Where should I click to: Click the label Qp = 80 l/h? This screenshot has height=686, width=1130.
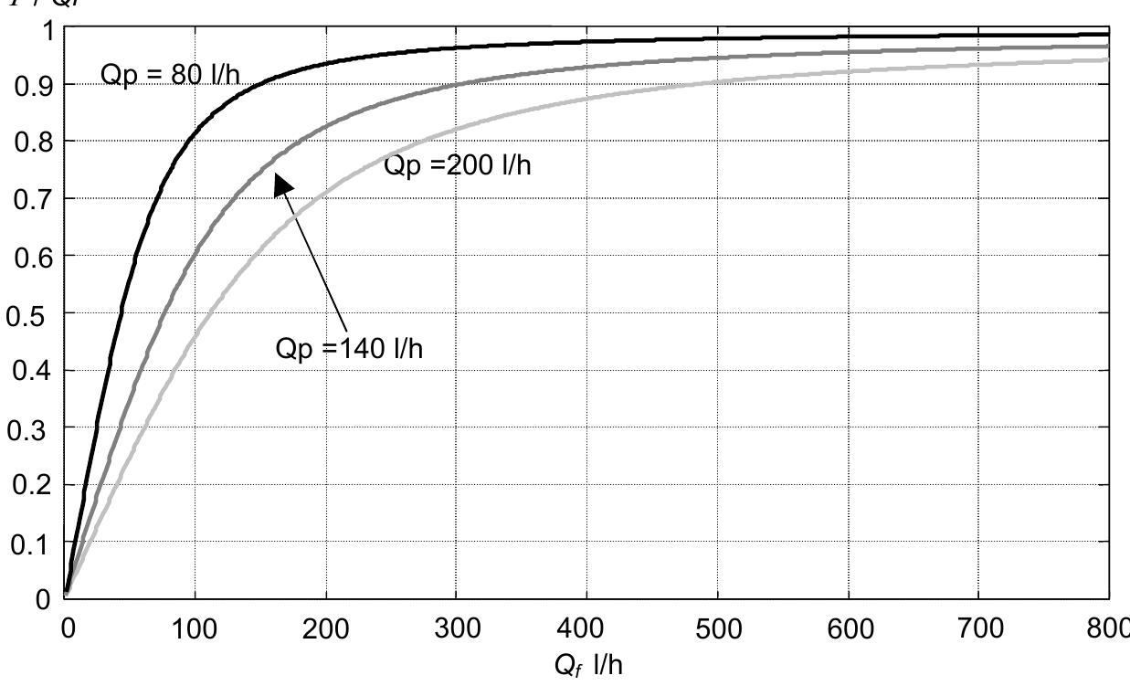pos(169,75)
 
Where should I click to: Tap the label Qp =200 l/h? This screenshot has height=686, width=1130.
pos(457,166)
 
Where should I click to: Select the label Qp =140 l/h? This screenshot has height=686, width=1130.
pos(349,349)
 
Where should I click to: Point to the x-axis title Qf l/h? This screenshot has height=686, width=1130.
pos(588,664)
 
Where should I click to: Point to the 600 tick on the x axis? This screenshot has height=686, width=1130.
pos(850,628)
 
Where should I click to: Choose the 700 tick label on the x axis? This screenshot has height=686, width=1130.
pos(979,628)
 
